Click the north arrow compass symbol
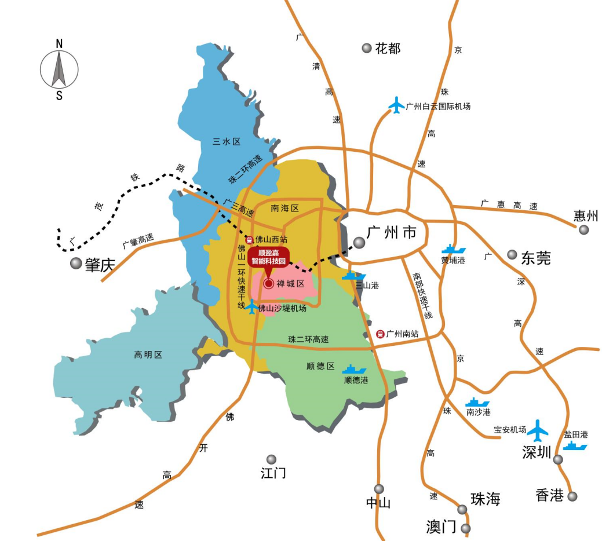coord(59,69)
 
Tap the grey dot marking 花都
coord(366,48)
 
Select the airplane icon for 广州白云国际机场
coord(397,105)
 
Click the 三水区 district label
coord(226,141)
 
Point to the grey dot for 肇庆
coord(76,264)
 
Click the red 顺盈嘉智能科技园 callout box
coord(268,257)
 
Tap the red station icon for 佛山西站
coord(250,239)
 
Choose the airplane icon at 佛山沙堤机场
coord(252,307)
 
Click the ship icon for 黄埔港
coord(453,250)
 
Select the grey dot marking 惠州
coord(583,230)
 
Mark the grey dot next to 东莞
coord(512,254)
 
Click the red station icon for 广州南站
coord(380,334)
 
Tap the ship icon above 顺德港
coord(354,370)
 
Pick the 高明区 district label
coord(148,354)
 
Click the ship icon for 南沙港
coord(477,402)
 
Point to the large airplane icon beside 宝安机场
coord(538,430)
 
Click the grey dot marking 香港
coord(572,496)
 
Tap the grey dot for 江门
coord(271,459)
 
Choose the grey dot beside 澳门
coord(465,528)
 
